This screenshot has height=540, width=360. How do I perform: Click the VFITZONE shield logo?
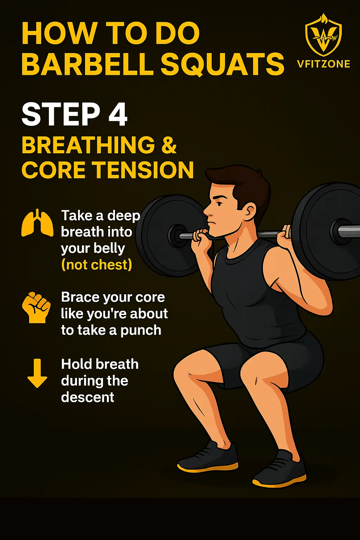[323, 35]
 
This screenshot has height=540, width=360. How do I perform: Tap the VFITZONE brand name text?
[323, 64]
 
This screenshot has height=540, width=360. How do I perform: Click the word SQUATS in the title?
[222, 64]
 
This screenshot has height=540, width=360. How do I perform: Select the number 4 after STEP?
[118, 114]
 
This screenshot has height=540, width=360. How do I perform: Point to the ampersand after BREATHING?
[169, 145]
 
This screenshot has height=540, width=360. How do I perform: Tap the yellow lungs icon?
[37, 223]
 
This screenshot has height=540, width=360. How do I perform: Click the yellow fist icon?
[37, 307]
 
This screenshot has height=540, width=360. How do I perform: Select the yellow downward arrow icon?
[37, 373]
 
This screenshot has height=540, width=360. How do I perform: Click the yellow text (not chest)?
[97, 265]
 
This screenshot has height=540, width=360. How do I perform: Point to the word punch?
[141, 330]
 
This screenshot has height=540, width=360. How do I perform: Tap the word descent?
[88, 397]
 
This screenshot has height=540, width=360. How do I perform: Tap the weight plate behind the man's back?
[325, 230]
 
